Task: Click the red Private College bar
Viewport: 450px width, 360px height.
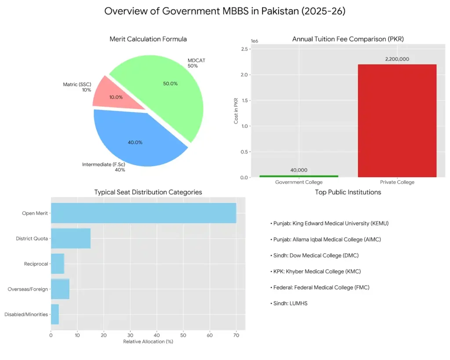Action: pos(397,121)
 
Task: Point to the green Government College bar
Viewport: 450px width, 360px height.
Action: pos(299,176)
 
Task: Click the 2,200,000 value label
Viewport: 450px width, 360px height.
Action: pos(397,59)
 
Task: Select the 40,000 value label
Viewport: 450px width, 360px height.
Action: pos(299,170)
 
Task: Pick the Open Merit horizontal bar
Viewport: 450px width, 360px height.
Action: pos(143,213)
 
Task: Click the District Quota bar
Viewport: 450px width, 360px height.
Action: pos(71,239)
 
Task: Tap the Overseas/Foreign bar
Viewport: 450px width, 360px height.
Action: pos(60,289)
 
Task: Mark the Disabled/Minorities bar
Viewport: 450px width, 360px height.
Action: pos(55,314)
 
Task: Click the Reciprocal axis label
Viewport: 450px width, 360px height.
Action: pos(36,264)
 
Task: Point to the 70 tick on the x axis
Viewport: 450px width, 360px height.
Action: pos(236,335)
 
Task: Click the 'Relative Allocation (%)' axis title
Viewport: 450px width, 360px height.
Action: pos(148,342)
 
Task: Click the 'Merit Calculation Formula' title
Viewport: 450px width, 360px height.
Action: pos(148,39)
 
